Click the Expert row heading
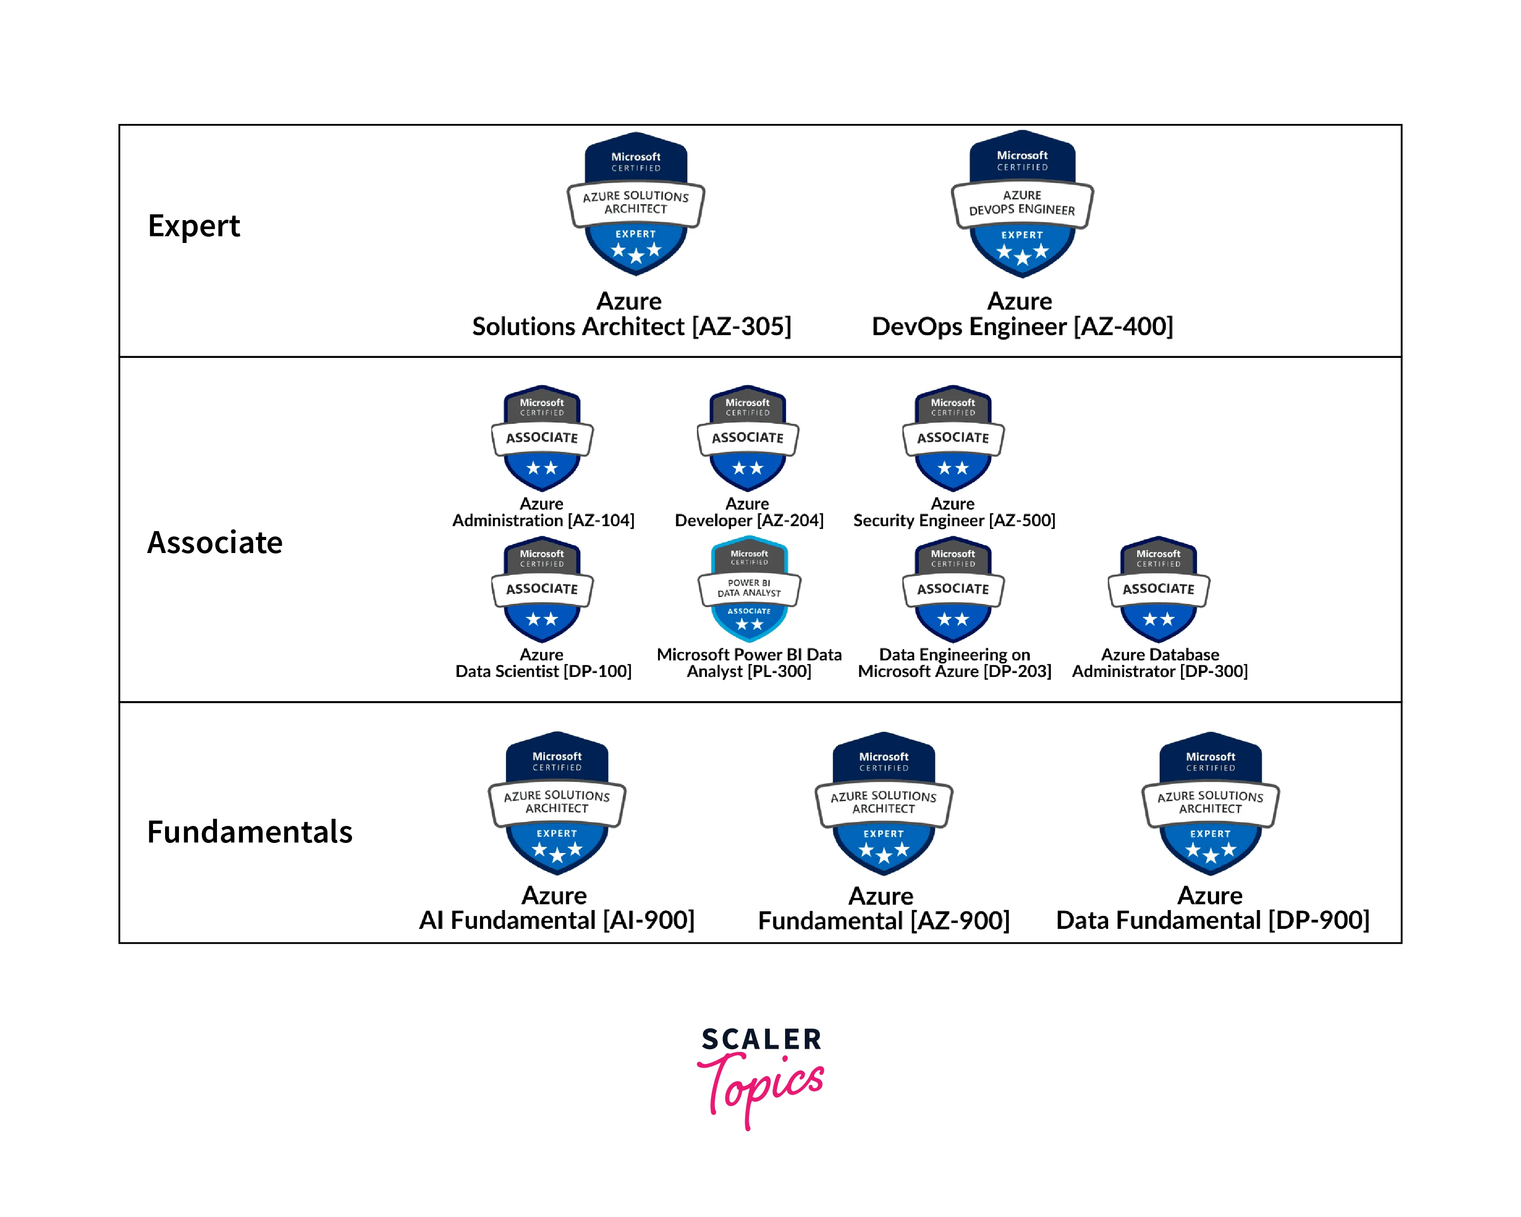tap(194, 226)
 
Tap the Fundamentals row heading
tap(250, 832)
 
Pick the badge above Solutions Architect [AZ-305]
tap(636, 204)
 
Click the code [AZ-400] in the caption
tap(1123, 327)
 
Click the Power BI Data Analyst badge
tap(749, 589)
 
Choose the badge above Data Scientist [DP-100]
tap(542, 589)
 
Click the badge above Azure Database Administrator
tap(1158, 589)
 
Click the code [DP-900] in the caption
tap(1318, 921)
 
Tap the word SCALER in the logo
tap(761, 1039)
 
